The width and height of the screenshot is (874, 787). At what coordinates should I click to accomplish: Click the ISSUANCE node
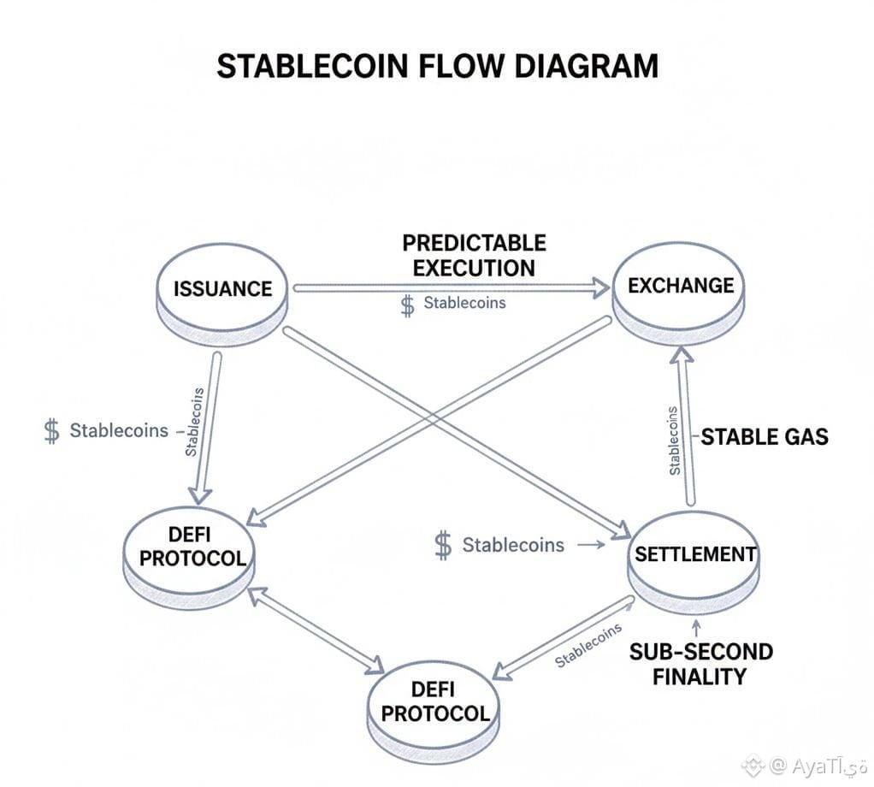(222, 288)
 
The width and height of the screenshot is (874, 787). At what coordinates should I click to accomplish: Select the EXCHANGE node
(681, 286)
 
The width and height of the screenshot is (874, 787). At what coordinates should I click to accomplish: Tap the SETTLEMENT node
(694, 554)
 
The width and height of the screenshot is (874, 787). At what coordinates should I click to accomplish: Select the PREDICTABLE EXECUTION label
(474, 254)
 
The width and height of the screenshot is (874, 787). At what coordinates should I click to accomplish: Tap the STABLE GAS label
(765, 437)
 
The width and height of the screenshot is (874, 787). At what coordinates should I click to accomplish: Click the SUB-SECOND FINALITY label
(700, 664)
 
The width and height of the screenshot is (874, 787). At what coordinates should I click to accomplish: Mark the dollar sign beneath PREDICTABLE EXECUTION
(407, 305)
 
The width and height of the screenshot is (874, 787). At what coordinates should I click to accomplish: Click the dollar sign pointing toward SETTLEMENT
(443, 545)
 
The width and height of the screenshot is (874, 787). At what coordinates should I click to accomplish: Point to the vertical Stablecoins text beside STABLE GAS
(674, 440)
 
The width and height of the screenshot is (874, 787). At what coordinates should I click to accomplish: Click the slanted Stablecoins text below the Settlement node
(588, 646)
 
